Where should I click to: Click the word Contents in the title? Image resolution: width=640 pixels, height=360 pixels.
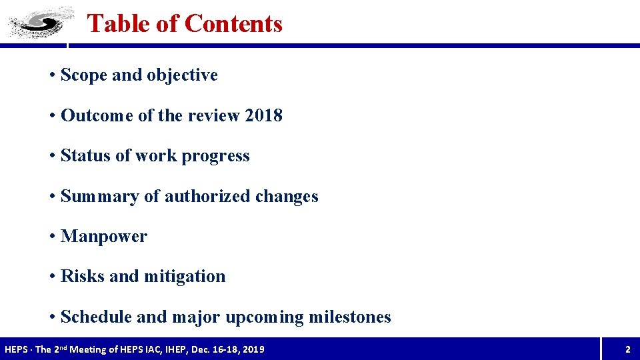click(x=233, y=23)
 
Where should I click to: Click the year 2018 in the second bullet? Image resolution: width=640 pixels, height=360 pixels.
click(x=263, y=115)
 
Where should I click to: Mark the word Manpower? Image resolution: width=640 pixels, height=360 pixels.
click(x=103, y=237)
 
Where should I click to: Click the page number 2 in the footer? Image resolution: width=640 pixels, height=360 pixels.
click(x=627, y=349)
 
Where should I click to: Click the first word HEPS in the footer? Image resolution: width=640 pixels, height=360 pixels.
click(x=17, y=349)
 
